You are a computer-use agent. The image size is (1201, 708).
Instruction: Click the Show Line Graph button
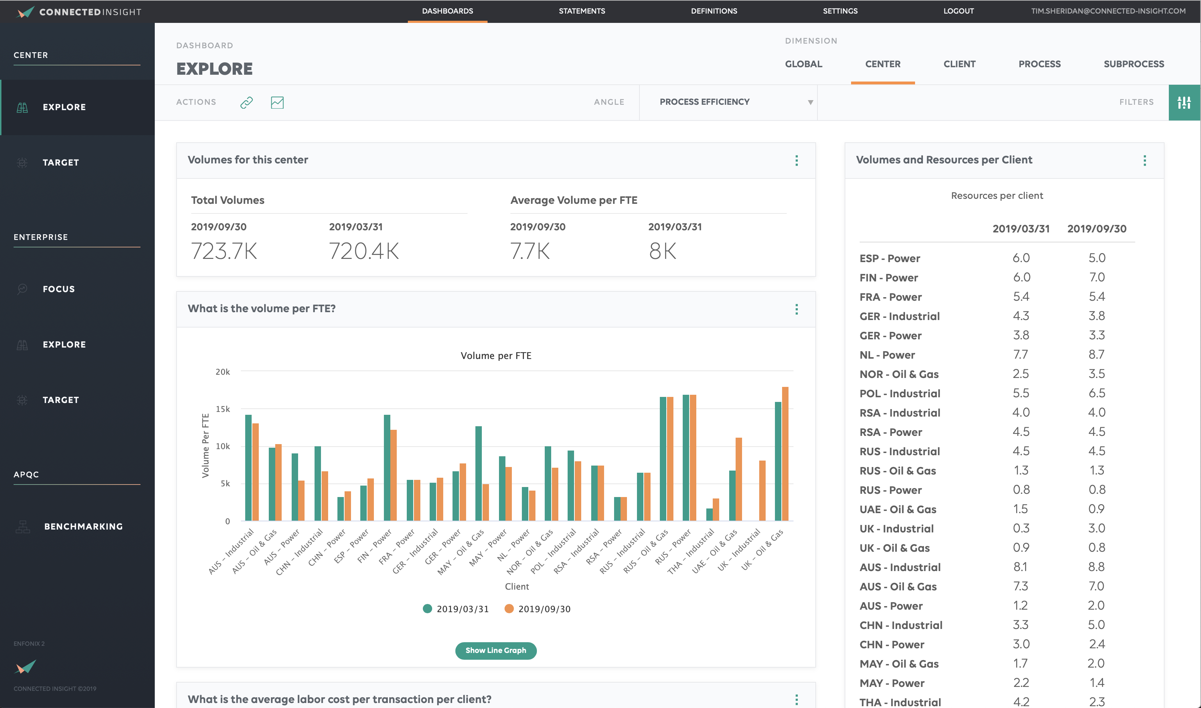495,650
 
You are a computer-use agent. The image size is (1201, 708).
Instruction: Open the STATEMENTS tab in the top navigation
582,11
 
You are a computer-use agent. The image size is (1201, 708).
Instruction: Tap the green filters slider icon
1184,102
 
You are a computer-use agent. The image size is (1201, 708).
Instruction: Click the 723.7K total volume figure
224,251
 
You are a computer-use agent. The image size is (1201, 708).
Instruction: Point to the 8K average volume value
662,251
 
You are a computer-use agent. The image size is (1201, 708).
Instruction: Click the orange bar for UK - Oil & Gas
785,453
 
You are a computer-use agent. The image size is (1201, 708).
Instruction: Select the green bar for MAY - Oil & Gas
478,472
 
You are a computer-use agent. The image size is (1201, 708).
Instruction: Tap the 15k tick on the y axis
223,409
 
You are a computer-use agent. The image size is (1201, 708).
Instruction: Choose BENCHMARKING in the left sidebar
83,526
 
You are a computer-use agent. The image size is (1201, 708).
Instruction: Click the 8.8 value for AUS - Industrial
1096,567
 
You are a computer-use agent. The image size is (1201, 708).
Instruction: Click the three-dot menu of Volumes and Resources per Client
1144,160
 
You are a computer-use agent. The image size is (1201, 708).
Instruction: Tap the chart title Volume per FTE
495,355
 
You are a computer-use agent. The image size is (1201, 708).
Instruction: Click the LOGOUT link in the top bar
958,11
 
